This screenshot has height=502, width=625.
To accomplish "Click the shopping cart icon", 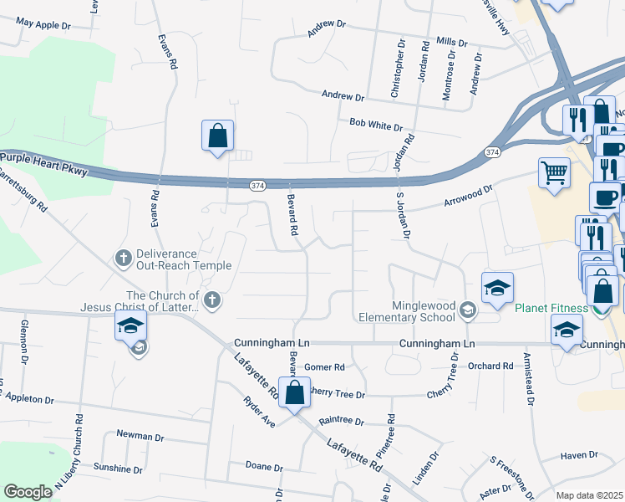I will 554,173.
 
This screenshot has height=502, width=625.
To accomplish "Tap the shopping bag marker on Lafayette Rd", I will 294,392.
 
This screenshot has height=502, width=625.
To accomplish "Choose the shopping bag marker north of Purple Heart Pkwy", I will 217,136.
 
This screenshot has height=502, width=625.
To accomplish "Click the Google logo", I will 28,492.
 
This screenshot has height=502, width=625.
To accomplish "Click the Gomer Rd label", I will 324,366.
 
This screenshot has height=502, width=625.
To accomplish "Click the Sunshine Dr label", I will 119,466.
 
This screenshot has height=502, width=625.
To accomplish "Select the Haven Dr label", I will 580,455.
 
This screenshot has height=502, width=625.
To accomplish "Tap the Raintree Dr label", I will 342,422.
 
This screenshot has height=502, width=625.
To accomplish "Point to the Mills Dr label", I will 452,41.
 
